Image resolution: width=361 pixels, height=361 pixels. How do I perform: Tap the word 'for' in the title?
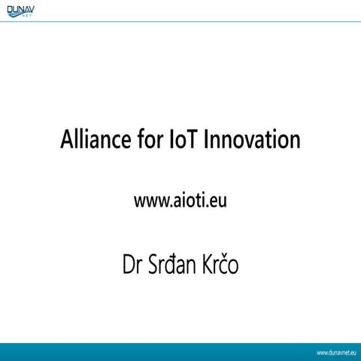click(x=149, y=140)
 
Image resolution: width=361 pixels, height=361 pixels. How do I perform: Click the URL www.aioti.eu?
click(x=180, y=201)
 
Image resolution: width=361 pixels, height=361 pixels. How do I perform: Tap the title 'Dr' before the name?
click(x=132, y=267)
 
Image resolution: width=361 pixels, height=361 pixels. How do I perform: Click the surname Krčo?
click(x=219, y=267)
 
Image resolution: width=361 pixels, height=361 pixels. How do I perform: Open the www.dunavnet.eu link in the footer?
click(x=335, y=352)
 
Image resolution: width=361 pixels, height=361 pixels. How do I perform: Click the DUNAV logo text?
click(x=23, y=11)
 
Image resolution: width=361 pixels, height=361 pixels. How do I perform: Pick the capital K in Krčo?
click(x=204, y=267)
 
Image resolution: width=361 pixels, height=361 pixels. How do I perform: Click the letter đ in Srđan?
click(x=172, y=267)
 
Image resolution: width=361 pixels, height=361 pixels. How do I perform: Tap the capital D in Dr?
click(x=127, y=267)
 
